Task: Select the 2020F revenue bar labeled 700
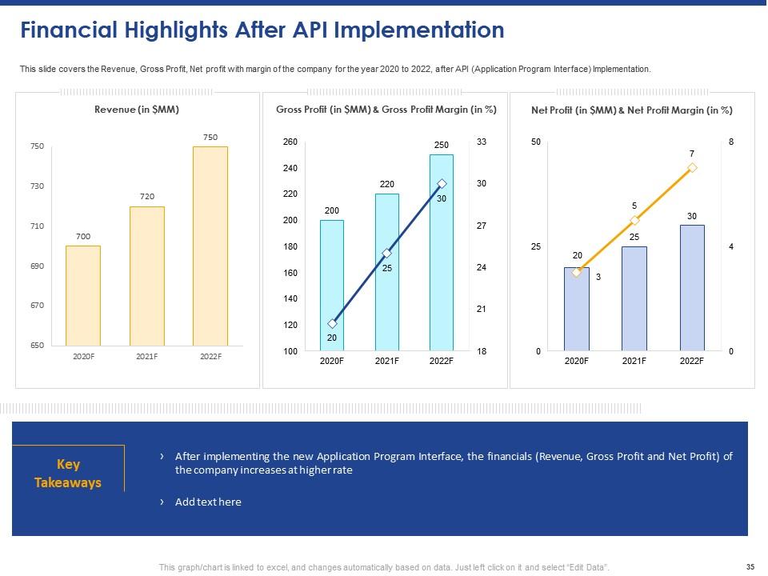pyautogui.click(x=83, y=295)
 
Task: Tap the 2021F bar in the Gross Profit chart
pyautogui.click(x=386, y=272)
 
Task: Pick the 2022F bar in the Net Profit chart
pyautogui.click(x=692, y=287)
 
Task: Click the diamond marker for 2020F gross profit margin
pyautogui.click(x=332, y=324)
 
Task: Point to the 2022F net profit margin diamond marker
pyautogui.click(x=692, y=168)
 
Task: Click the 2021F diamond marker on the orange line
pyautogui.click(x=634, y=220)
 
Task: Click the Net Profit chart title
pyautogui.click(x=632, y=110)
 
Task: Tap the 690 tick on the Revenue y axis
pyautogui.click(x=37, y=266)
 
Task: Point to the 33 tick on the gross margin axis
pyautogui.click(x=482, y=142)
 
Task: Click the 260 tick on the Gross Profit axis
pyautogui.click(x=291, y=142)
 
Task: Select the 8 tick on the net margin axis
pyautogui.click(x=731, y=142)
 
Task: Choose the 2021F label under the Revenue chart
pyautogui.click(x=146, y=356)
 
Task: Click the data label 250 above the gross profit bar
pyautogui.click(x=442, y=144)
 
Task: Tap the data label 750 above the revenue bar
pyautogui.click(x=210, y=138)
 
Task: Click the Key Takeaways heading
pyautogui.click(x=68, y=474)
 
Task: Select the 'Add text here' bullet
pyautogui.click(x=208, y=502)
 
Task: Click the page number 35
pyautogui.click(x=750, y=567)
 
